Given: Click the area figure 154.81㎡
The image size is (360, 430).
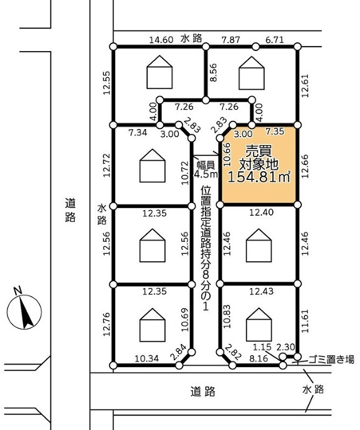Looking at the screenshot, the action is click(259, 177).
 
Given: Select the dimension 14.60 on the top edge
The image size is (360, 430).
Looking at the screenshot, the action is click(161, 40).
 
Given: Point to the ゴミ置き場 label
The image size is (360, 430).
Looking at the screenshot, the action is click(331, 359).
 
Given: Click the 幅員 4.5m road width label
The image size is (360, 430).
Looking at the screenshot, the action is click(206, 169).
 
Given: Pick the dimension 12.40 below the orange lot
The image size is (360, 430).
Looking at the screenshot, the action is click(262, 212).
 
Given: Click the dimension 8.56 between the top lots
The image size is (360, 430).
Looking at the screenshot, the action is click(213, 72).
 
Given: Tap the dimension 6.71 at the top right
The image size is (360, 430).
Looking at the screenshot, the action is click(275, 40).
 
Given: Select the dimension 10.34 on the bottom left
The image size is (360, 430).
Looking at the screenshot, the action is click(147, 358).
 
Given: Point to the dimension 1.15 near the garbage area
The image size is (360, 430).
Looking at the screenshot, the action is click(262, 347).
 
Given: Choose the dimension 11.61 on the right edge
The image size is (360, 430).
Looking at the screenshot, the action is click(305, 321).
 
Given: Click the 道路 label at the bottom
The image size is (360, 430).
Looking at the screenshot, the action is click(203, 391).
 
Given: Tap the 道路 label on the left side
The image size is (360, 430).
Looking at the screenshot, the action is click(70, 210).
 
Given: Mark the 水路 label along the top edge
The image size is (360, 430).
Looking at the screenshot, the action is click(191, 39).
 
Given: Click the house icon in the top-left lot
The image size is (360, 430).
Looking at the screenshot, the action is click(159, 72).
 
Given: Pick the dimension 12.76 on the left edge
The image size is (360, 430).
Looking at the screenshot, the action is click(107, 324).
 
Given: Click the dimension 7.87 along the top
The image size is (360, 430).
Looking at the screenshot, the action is click(231, 40).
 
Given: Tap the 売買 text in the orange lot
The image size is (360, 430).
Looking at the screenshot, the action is click(258, 151).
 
